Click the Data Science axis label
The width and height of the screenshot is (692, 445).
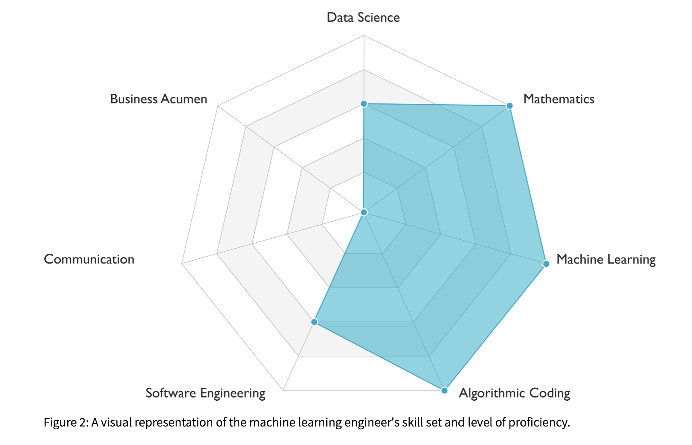363,17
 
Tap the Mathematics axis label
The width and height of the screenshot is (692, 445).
558,99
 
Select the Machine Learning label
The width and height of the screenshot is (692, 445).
605,260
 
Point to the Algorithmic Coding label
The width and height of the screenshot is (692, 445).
514,393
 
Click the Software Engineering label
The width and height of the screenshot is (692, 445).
205,393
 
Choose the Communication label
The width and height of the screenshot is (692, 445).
89,260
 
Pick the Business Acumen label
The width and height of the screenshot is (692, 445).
159,99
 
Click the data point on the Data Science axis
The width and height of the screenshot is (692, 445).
364,104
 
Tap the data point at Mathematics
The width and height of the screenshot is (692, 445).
509,106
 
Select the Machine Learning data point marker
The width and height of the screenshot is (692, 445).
546,264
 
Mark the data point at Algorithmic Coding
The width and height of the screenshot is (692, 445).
444,390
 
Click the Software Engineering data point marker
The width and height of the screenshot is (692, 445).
314,322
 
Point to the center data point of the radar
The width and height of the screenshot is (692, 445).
364,212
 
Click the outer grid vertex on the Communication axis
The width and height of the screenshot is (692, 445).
182,264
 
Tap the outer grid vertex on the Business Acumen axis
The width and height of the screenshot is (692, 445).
218,106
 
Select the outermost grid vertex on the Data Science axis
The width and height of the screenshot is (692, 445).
364,35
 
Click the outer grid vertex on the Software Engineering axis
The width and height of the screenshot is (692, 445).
283,390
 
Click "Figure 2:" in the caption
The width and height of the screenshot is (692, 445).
66,422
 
